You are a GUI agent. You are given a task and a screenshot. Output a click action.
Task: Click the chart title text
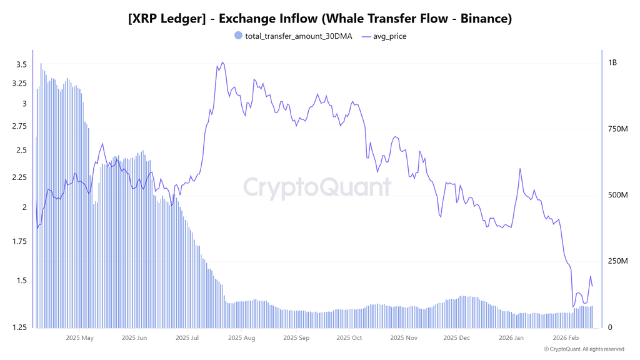coord(320,19)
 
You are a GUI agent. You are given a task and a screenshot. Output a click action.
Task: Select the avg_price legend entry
coord(390,36)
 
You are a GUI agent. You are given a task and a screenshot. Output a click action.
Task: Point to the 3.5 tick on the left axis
coord(21,64)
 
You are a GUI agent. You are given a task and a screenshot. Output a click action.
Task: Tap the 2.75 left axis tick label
coord(19,126)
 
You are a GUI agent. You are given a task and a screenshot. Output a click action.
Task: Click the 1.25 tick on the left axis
coord(19,327)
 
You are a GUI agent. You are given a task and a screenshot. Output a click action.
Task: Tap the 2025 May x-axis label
coord(79,338)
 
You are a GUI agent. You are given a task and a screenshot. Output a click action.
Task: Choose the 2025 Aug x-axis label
coord(242,338)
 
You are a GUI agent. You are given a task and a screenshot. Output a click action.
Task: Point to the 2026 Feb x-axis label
coord(566,338)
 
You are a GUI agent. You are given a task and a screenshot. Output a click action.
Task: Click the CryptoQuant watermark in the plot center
coord(317,187)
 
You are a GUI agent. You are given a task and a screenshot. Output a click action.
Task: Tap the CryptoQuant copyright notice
coord(584,349)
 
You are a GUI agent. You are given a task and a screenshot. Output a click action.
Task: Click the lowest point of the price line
coord(573,307)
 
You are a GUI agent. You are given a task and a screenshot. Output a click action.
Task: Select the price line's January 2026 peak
coord(520,169)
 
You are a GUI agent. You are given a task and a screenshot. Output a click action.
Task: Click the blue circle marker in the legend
coord(237,36)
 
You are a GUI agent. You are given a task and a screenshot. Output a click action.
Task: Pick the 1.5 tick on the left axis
coord(21,281)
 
